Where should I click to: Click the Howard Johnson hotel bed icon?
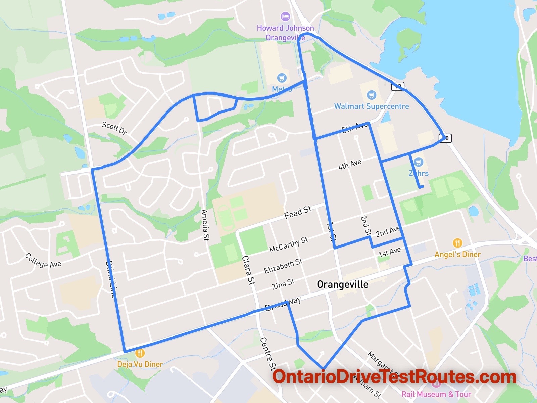click(x=285, y=16)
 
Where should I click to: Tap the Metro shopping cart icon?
click(x=282, y=78)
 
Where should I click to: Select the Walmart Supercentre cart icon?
click(x=371, y=95)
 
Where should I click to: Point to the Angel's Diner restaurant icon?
click(x=457, y=243)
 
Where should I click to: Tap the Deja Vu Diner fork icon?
click(x=140, y=353)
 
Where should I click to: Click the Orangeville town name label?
click(x=342, y=285)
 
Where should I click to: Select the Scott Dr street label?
click(x=114, y=128)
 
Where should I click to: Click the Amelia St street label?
click(x=205, y=225)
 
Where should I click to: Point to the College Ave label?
click(x=43, y=261)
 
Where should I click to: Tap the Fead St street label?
click(x=298, y=212)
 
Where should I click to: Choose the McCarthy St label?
click(x=289, y=244)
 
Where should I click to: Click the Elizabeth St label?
click(x=283, y=266)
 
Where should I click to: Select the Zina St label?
click(x=283, y=284)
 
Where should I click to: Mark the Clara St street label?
click(x=248, y=270)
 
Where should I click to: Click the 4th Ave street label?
click(x=350, y=164)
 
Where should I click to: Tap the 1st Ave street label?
click(x=389, y=252)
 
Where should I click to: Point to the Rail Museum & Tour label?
click(x=436, y=394)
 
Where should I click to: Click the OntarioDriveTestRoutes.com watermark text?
click(x=394, y=377)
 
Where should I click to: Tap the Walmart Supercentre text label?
click(x=372, y=106)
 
